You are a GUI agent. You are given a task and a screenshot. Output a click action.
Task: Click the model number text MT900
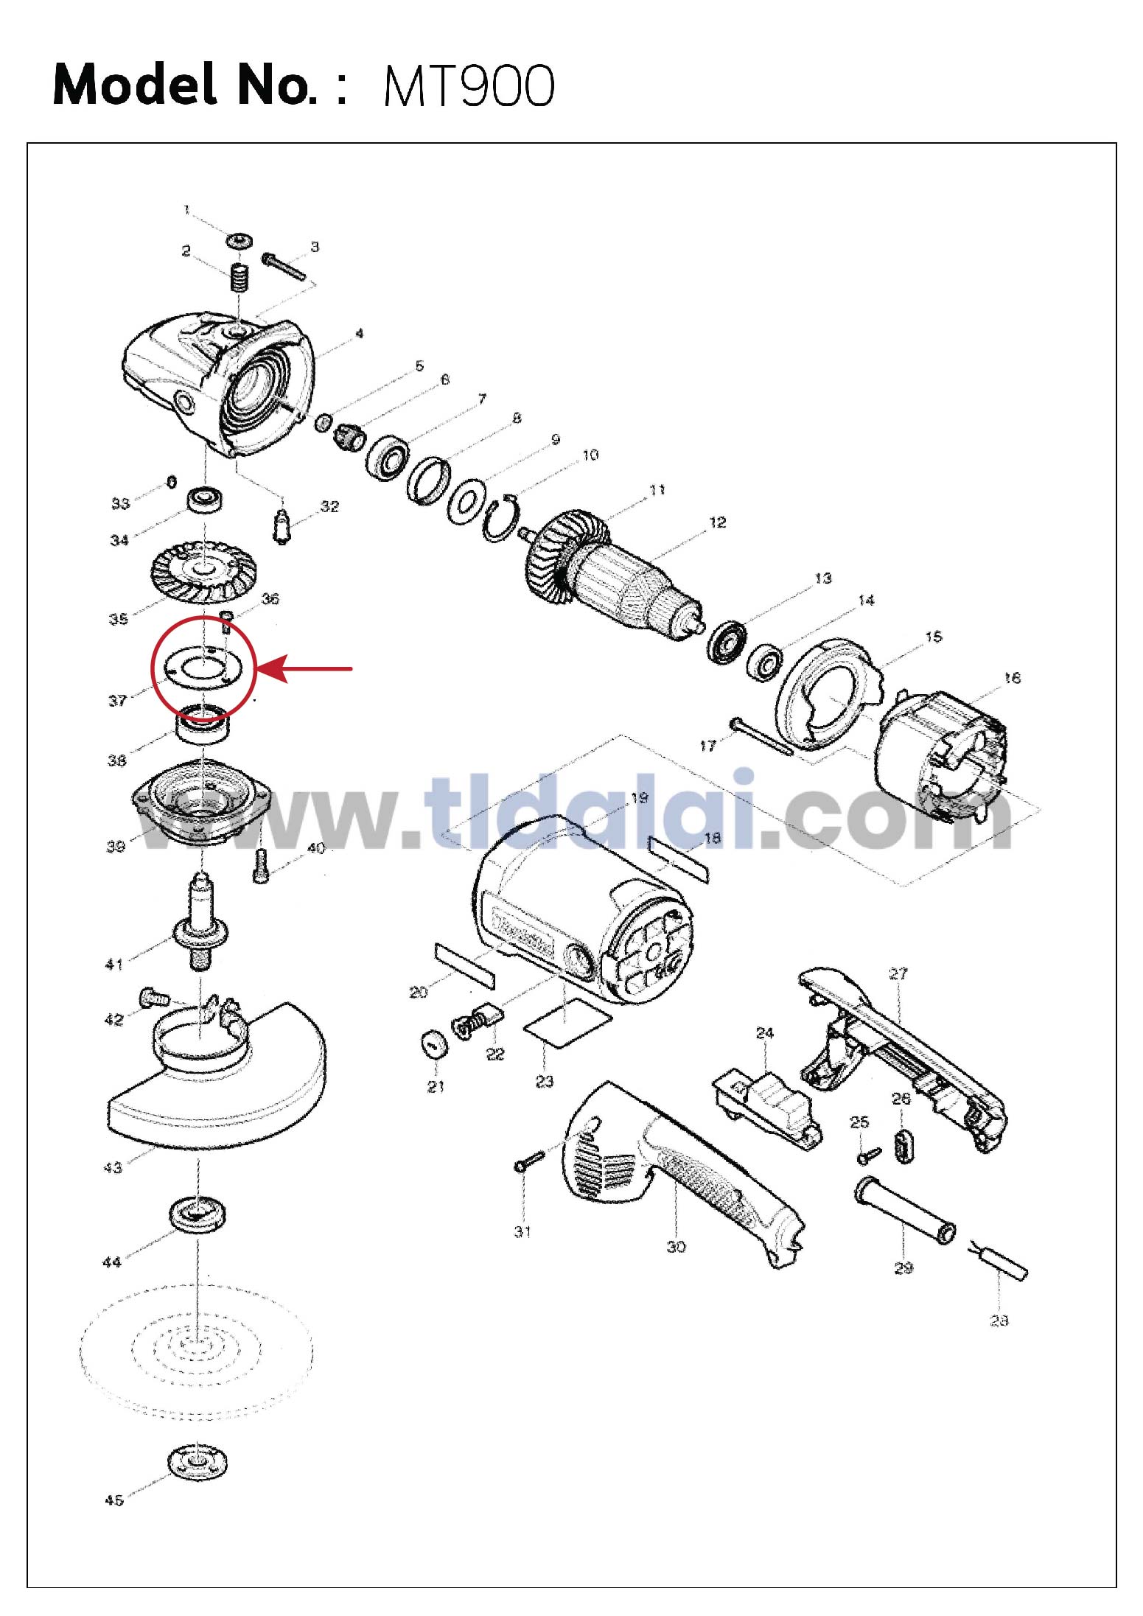[x=469, y=86]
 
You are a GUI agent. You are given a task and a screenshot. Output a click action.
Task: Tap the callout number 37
[x=118, y=700]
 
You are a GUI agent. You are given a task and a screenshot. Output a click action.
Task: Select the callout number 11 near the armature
[x=657, y=490]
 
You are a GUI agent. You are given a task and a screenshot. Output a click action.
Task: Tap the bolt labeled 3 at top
[x=284, y=266]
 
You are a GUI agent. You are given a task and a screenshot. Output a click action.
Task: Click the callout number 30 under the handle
[x=676, y=1247]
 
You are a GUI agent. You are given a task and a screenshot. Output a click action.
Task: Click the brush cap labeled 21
[x=435, y=1043]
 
